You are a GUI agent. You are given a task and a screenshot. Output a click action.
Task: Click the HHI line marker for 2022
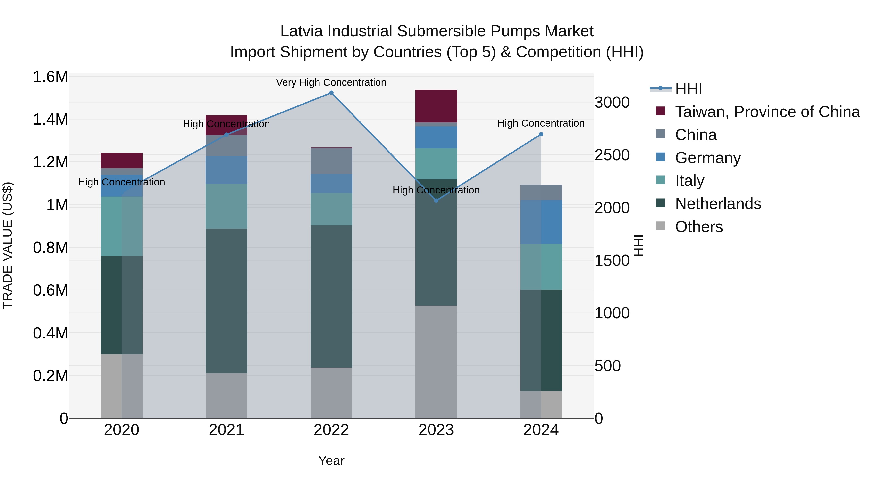tap(331, 93)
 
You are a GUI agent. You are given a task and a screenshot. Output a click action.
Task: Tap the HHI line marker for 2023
tap(436, 201)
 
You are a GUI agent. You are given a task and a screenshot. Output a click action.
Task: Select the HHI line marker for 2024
tap(541, 134)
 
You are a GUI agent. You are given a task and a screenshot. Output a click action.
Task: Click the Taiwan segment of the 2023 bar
tap(436, 106)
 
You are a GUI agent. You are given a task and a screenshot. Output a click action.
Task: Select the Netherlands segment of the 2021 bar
tap(226, 301)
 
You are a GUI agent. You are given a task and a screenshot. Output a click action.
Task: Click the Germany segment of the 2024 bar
tap(541, 222)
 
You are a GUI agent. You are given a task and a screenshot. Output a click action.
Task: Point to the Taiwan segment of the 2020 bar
tap(121, 161)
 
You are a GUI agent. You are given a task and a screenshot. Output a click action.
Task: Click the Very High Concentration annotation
tap(331, 83)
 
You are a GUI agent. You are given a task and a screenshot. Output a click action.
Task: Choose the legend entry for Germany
tap(708, 158)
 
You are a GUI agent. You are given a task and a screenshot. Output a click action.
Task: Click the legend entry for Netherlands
tap(718, 204)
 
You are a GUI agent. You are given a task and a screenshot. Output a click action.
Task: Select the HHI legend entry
tap(688, 89)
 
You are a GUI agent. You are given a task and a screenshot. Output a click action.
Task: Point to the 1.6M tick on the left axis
tap(50, 77)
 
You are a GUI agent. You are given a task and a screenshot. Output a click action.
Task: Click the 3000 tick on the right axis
tap(612, 102)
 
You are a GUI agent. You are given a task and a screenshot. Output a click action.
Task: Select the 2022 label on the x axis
tap(331, 430)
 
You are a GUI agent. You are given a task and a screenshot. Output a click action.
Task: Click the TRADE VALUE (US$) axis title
tap(8, 245)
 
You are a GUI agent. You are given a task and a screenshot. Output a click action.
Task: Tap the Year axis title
tap(331, 460)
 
